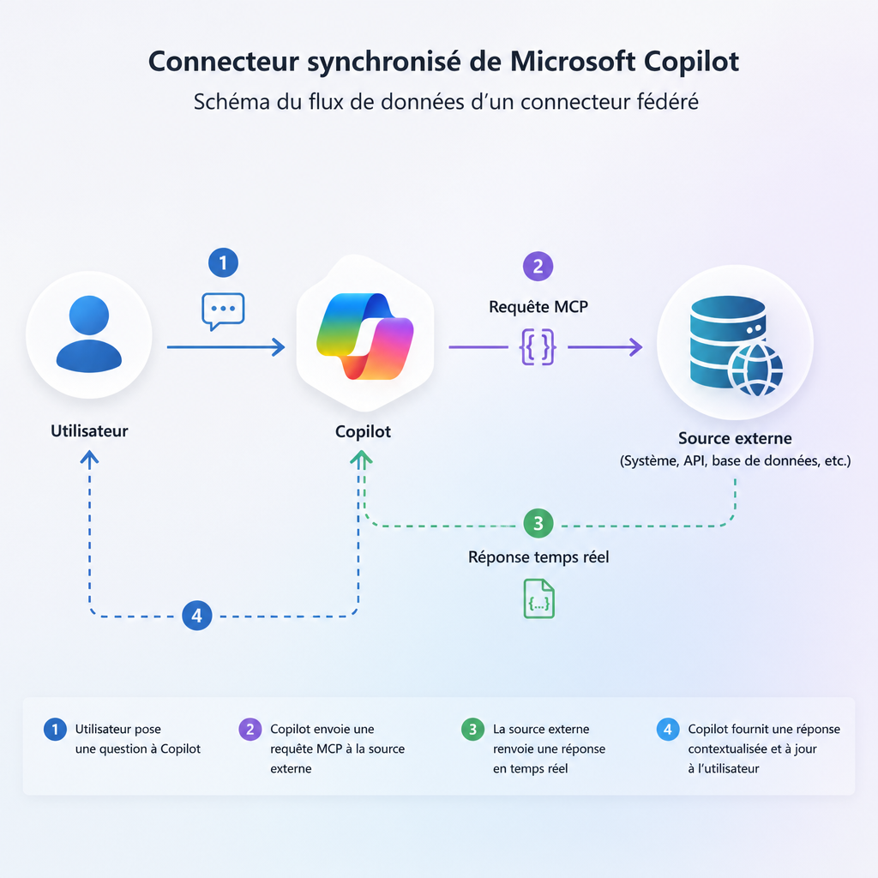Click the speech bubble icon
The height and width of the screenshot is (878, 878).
(223, 310)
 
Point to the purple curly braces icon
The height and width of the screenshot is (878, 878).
(538, 347)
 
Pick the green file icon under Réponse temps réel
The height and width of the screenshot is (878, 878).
(538, 598)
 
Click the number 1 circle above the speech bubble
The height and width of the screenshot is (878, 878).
(223, 262)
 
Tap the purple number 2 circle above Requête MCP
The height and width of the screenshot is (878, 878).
(538, 266)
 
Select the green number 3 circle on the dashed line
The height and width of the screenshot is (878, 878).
(538, 522)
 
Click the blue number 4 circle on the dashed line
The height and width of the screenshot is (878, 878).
(197, 615)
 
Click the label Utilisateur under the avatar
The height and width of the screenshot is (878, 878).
(89, 431)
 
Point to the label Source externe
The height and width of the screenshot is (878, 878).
(735, 439)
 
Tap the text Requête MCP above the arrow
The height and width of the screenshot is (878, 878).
(538, 306)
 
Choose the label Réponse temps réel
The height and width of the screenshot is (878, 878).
(538, 557)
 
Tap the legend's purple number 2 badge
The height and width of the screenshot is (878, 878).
(250, 730)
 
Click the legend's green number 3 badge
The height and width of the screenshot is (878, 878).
(472, 730)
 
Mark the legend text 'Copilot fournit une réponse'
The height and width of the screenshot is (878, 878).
(764, 730)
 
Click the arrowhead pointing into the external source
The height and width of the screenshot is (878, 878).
(635, 347)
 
